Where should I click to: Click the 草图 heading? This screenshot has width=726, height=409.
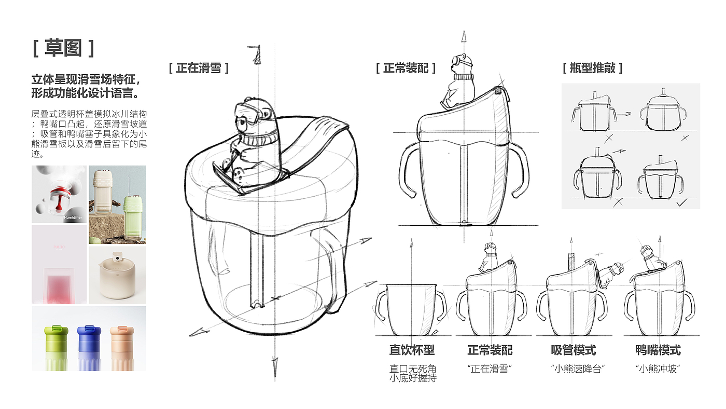63,48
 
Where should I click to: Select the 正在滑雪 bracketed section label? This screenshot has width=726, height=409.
199,68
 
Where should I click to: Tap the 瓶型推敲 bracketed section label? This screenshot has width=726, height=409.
592,68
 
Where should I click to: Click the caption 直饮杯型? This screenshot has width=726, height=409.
412,350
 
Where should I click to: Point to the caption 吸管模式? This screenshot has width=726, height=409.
574,350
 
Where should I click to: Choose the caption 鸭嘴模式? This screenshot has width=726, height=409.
658,350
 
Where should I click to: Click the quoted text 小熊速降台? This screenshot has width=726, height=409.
578,369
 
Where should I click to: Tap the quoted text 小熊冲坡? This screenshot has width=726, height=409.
658,369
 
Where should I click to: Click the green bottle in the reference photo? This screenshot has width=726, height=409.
56,348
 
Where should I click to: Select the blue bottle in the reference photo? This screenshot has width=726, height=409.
89,348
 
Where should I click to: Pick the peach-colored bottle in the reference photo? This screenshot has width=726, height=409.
122,348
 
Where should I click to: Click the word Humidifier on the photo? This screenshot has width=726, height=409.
73,217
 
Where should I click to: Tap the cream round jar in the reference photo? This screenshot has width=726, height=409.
117,275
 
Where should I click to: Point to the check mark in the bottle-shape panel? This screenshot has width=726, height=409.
682,203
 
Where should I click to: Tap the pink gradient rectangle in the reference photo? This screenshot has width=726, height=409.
59,289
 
